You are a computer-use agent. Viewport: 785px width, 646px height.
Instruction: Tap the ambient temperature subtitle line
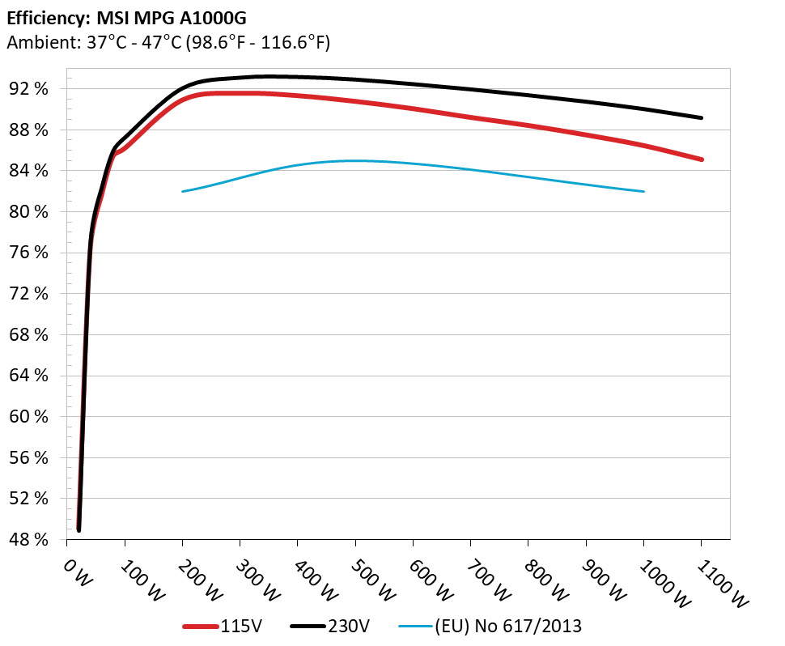point(168,42)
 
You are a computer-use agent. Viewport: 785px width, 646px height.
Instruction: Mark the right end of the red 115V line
point(701,159)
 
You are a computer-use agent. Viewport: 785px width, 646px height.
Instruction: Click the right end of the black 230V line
point(701,118)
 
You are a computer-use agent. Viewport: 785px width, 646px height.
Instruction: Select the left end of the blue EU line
point(184,191)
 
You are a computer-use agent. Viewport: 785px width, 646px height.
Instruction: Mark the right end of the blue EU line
point(643,191)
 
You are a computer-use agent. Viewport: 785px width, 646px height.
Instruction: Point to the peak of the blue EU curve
point(356,160)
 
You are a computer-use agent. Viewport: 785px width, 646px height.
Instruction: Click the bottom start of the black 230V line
point(78,529)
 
